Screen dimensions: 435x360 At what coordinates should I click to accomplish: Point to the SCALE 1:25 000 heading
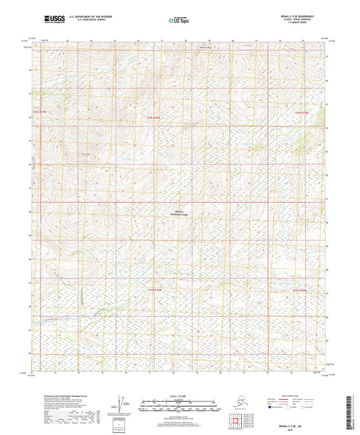pyautogui.click(x=179, y=398)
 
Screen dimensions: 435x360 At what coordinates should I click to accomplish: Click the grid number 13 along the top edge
pyautogui.click(x=68, y=41)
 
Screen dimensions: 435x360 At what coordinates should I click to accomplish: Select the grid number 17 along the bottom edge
pyautogui.click(x=162, y=372)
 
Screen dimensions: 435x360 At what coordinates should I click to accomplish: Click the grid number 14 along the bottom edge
pyautogui.click(x=91, y=372)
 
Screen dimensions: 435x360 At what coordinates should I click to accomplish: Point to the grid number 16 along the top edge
pyautogui.click(x=138, y=41)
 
